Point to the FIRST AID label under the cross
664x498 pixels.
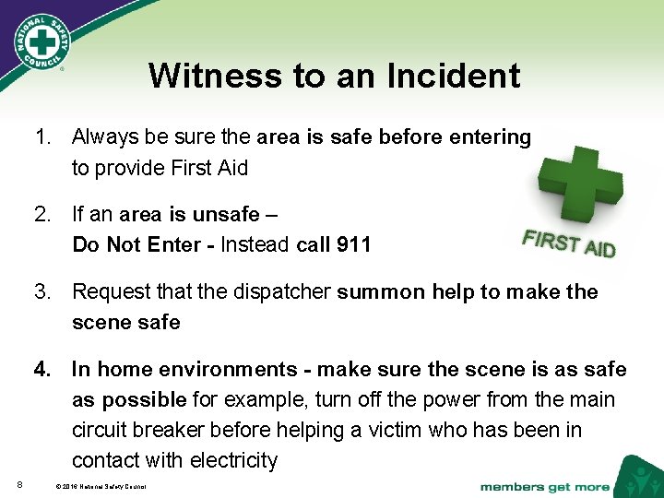tap(568, 243)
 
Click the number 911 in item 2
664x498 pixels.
tap(352, 244)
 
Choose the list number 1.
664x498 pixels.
tap(42, 137)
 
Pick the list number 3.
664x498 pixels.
tap(42, 292)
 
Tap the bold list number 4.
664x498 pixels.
tap(42, 370)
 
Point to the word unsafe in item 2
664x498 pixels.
tap(226, 215)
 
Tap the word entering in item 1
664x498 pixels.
tap(489, 137)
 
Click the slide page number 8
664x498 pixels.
tap(19, 485)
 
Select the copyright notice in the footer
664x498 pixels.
tap(101, 486)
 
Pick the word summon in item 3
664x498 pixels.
tap(373, 292)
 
